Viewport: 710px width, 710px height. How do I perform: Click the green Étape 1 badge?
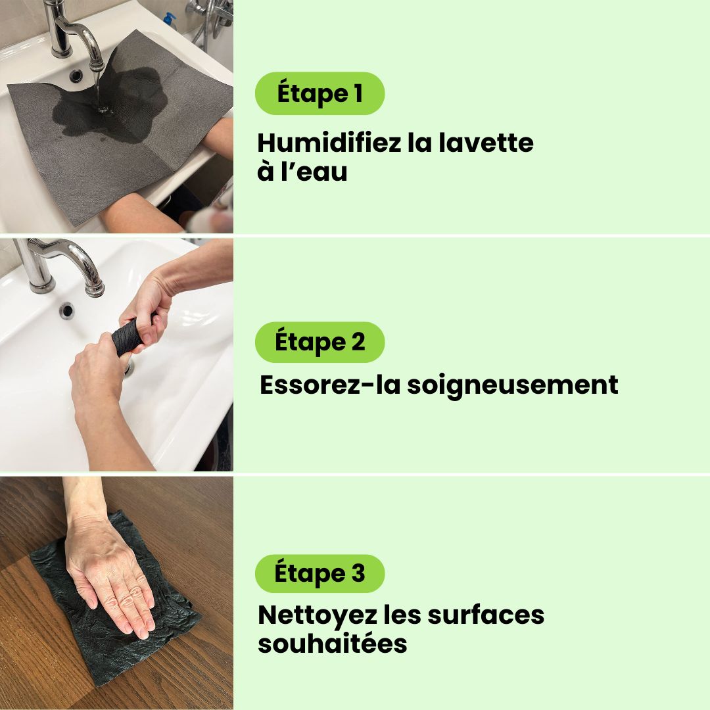coord(319,93)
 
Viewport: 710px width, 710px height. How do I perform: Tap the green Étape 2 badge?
coord(319,342)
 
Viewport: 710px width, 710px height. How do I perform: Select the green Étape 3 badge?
coord(319,573)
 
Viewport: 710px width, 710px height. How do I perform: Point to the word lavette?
coord(486,143)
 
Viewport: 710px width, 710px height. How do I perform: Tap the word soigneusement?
coord(513,385)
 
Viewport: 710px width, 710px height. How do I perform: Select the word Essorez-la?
coord(330,385)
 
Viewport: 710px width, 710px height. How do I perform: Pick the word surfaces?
coord(486,615)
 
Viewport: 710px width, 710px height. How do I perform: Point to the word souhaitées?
coord(333,644)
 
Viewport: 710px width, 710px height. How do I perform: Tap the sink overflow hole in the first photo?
coord(76,75)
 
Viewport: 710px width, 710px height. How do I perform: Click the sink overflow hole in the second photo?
coord(66,310)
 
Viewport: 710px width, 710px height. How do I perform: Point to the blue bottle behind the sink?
coord(170,20)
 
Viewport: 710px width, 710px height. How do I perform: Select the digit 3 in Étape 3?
coord(358,573)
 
